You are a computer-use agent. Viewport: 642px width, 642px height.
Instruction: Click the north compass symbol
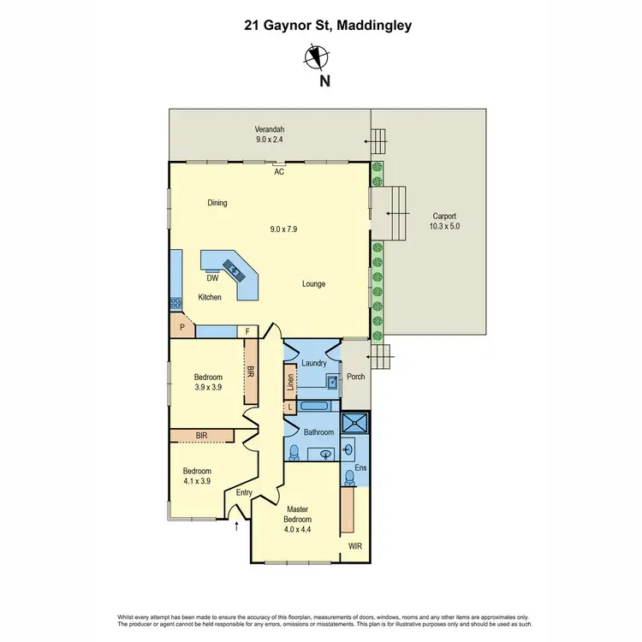pos(316,57)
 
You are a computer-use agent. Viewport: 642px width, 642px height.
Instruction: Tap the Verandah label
pos(269,130)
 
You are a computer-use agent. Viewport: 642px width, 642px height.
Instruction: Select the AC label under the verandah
pos(279,172)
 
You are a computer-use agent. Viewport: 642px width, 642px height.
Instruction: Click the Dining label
pos(217,203)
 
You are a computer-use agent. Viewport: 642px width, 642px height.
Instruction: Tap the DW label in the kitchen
pos(212,277)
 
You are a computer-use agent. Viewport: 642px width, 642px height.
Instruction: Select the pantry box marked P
pos(181,326)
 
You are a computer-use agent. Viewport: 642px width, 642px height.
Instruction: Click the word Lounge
pos(313,284)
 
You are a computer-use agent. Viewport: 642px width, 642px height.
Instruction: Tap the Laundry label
pos(314,363)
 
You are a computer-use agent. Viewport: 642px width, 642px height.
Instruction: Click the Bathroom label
pos(318,432)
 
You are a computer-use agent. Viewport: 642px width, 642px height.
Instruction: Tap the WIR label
pos(355,544)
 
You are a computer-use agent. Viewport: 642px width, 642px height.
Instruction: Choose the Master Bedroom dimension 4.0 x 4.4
pos(298,529)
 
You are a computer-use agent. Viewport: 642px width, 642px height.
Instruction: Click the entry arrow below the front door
pos(236,526)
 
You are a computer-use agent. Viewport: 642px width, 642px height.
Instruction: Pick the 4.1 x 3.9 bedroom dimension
pos(197,481)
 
